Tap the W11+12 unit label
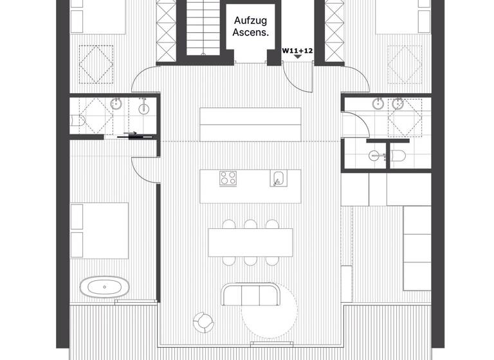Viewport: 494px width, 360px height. click(298, 49)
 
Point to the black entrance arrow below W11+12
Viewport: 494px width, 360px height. click(298, 57)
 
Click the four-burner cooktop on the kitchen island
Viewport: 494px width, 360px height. click(228, 178)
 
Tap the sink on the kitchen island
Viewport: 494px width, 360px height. click(278, 178)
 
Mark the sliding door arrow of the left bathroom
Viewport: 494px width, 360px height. click(131, 135)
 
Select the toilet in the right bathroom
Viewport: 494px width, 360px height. click(398, 155)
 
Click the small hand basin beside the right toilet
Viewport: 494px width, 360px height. click(374, 155)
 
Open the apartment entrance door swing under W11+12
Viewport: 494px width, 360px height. click(297, 77)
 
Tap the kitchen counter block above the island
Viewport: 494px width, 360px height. click(250, 124)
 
